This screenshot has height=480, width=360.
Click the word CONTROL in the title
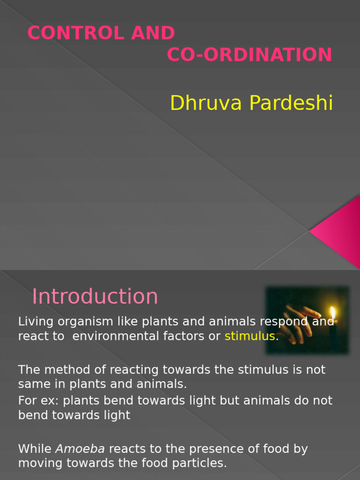tap(71, 33)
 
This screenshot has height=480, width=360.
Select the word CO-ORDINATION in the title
tap(249, 55)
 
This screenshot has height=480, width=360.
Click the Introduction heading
tap(95, 297)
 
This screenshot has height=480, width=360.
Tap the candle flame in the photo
tap(333, 313)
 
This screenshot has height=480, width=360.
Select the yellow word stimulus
tap(249, 336)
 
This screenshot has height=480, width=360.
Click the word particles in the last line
tap(202, 464)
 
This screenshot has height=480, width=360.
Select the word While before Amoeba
tap(35, 449)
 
